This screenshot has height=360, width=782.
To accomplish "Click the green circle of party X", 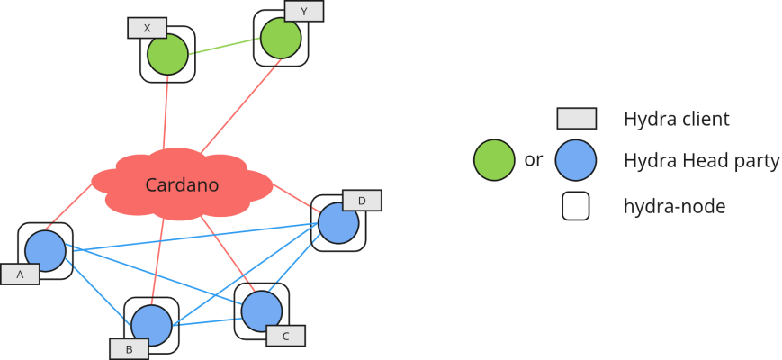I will [x=167, y=56].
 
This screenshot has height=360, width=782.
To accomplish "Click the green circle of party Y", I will [x=281, y=39].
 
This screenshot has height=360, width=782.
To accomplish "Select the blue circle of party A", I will [x=44, y=250].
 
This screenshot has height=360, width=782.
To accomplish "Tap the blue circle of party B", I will [x=150, y=324].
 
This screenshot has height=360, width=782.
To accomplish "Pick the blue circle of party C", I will [x=262, y=310].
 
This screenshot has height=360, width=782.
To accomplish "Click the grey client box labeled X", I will [x=147, y=28].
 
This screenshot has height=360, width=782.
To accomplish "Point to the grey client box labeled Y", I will [x=304, y=11].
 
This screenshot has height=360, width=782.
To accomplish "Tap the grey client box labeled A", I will [x=20, y=274].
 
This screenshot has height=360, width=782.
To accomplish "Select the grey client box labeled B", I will [x=129, y=348].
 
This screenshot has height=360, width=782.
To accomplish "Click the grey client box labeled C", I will [x=285, y=336].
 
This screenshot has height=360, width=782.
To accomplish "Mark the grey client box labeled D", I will [x=362, y=200].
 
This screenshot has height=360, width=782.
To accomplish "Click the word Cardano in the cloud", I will [x=184, y=186].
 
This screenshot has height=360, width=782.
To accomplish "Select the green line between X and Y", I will [x=224, y=47].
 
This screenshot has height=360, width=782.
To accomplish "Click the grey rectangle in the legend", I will [x=577, y=119].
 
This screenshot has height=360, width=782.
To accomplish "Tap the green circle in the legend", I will [x=493, y=160].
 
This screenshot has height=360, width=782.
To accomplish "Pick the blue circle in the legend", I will [x=576, y=160].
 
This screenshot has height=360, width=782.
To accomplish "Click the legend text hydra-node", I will [x=674, y=207].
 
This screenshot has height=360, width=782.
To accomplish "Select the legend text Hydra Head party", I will [x=701, y=161].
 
